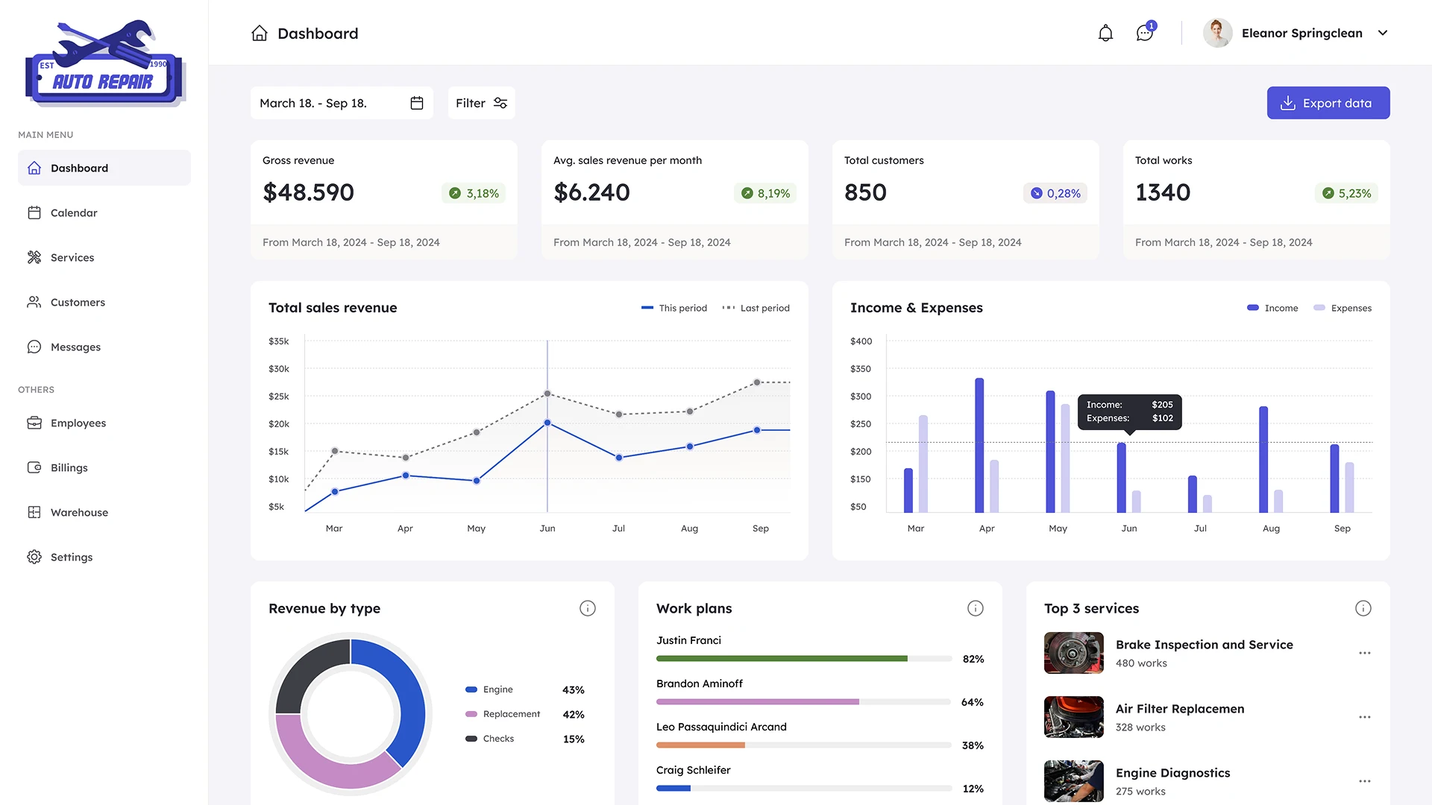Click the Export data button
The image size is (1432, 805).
[x=1328, y=103]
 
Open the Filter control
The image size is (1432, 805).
[x=481, y=103]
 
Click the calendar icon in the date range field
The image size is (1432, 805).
[x=417, y=103]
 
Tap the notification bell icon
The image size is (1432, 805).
[x=1105, y=33]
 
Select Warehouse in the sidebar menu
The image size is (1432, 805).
[x=79, y=512]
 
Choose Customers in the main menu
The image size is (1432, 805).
[x=78, y=302]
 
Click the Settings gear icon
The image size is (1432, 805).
[x=34, y=557]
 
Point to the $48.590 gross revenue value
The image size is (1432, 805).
[x=308, y=192]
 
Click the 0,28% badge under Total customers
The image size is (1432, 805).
[x=1055, y=193]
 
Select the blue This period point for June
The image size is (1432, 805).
[x=547, y=423]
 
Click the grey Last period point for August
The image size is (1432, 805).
[x=690, y=411]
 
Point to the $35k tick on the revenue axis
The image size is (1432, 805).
[x=278, y=341]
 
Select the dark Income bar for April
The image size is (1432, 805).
[x=979, y=445]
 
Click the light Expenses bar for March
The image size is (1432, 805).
[x=923, y=464]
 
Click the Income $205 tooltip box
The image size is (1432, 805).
[x=1129, y=411]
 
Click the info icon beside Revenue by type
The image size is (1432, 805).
[x=588, y=608]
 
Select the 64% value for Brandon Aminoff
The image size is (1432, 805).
[x=972, y=702]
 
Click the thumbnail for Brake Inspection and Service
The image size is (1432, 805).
[x=1073, y=653]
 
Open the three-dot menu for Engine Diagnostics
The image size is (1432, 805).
[x=1364, y=781]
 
